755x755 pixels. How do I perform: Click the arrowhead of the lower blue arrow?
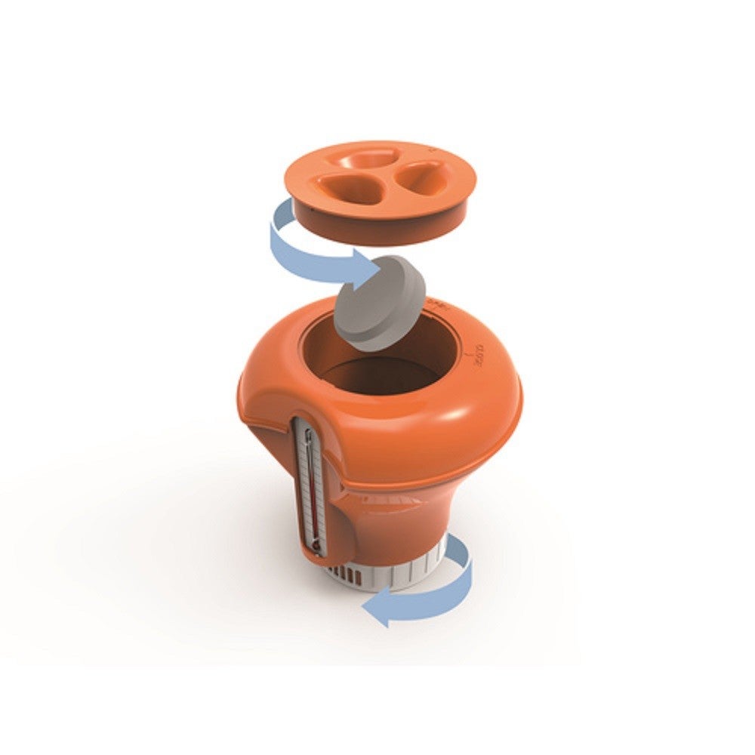[x=376, y=609]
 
